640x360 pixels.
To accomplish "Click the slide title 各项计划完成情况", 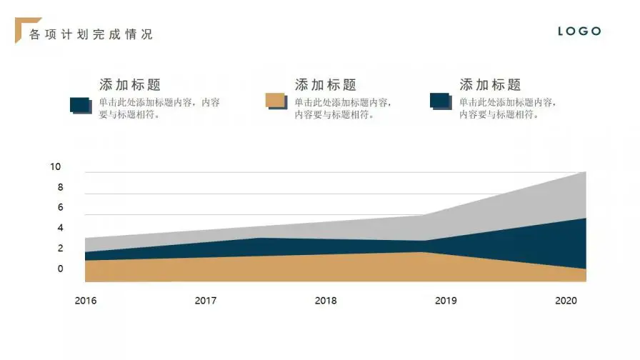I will (91, 34).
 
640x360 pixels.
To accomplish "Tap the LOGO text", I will (579, 31).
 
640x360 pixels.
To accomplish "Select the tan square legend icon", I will (275, 101).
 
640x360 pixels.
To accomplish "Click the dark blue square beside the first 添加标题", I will (80, 105).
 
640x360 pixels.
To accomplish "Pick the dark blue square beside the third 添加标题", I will (440, 101).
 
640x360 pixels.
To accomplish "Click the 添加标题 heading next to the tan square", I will (326, 85).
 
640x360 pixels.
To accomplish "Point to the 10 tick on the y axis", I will (56, 167).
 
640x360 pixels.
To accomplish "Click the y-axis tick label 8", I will (61, 188).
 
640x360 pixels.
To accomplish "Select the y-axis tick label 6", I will (61, 208).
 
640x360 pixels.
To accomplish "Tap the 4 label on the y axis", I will (61, 229).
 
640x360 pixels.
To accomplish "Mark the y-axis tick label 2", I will (61, 249).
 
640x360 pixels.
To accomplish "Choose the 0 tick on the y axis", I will (61, 269).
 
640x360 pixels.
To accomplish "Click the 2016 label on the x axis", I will (86, 301).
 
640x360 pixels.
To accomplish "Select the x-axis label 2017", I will (206, 301).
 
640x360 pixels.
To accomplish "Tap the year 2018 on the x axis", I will (326, 301).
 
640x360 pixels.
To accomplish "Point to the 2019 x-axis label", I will (446, 301).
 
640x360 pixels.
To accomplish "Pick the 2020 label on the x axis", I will (566, 301).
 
